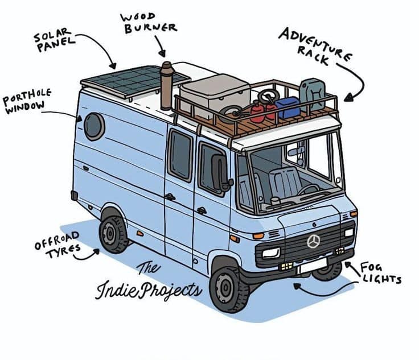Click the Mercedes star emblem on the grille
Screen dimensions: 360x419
click(x=313, y=241)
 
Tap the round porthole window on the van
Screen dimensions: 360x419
click(x=94, y=126)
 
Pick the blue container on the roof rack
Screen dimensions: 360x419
click(x=287, y=107)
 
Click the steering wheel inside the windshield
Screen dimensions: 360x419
click(x=308, y=190)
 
